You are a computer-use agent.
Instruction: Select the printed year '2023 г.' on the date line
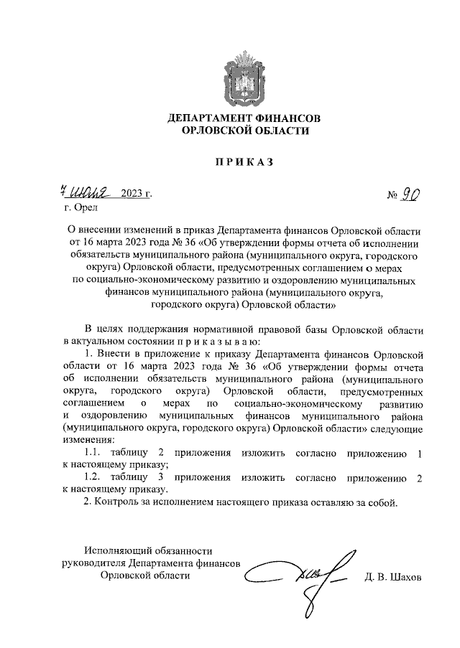coord(137,194)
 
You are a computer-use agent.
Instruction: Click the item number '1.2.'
coord(95,478)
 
